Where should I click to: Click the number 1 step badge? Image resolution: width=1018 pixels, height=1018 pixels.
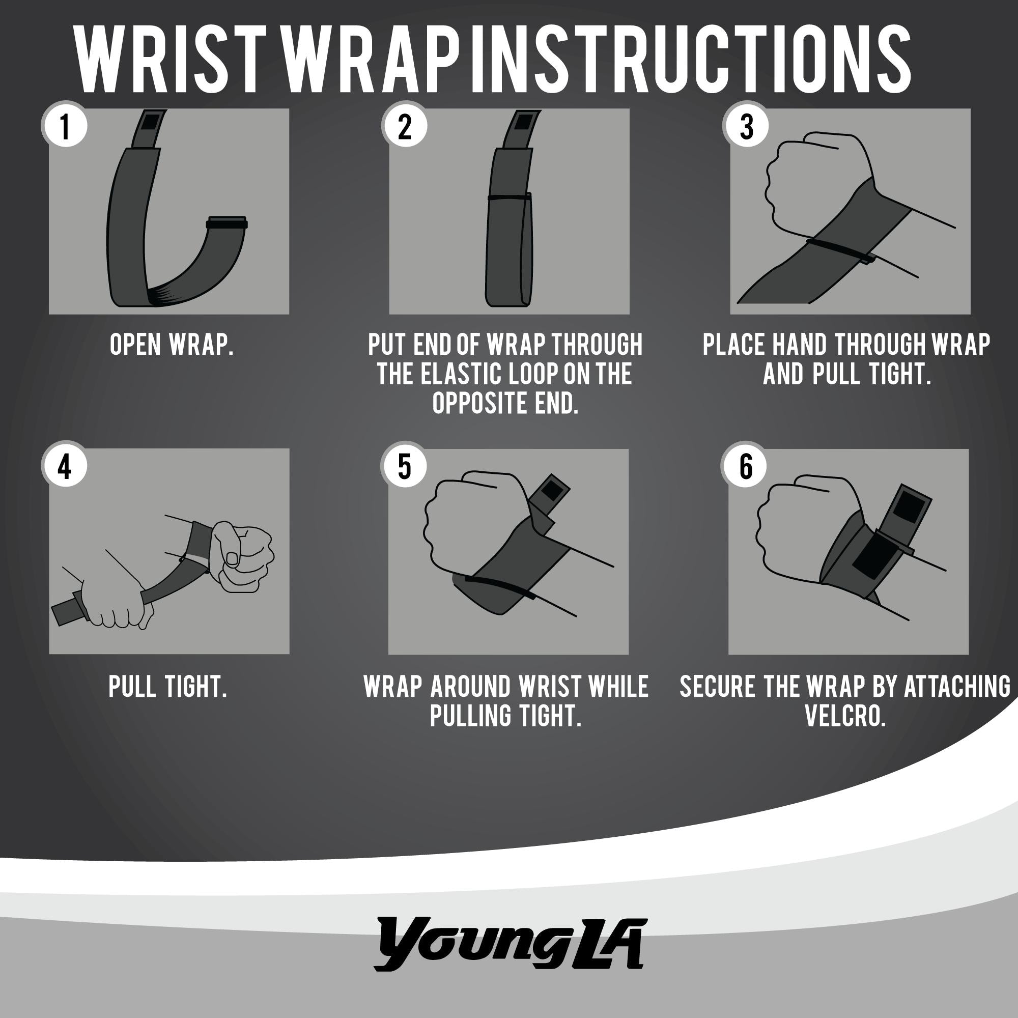pos(65,125)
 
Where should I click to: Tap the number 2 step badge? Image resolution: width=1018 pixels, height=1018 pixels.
pos(405,125)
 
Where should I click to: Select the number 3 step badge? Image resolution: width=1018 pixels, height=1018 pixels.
pos(746,125)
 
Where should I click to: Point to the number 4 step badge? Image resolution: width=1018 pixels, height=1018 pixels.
pos(65,466)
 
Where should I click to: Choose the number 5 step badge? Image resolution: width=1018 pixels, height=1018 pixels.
pos(405,466)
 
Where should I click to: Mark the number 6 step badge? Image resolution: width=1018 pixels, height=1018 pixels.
pos(745,466)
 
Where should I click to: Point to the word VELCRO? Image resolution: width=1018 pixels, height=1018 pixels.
pos(845,716)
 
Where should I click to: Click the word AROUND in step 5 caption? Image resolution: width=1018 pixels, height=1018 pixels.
pos(470,686)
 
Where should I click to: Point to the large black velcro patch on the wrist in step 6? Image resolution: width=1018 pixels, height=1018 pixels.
pos(872,556)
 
